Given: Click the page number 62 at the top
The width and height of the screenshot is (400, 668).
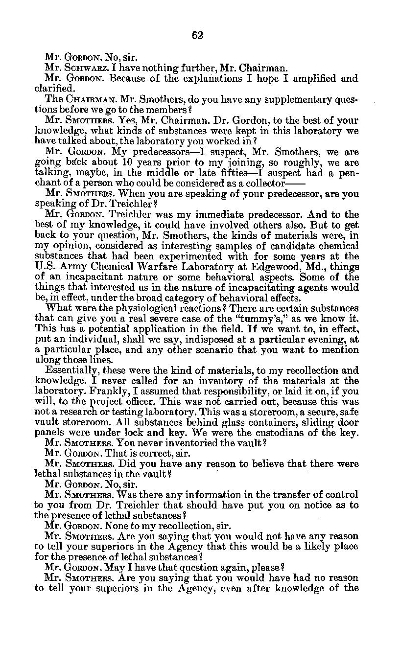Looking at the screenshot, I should click(x=197, y=35).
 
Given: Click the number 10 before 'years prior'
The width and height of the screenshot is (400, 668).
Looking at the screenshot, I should click(x=127, y=162).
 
